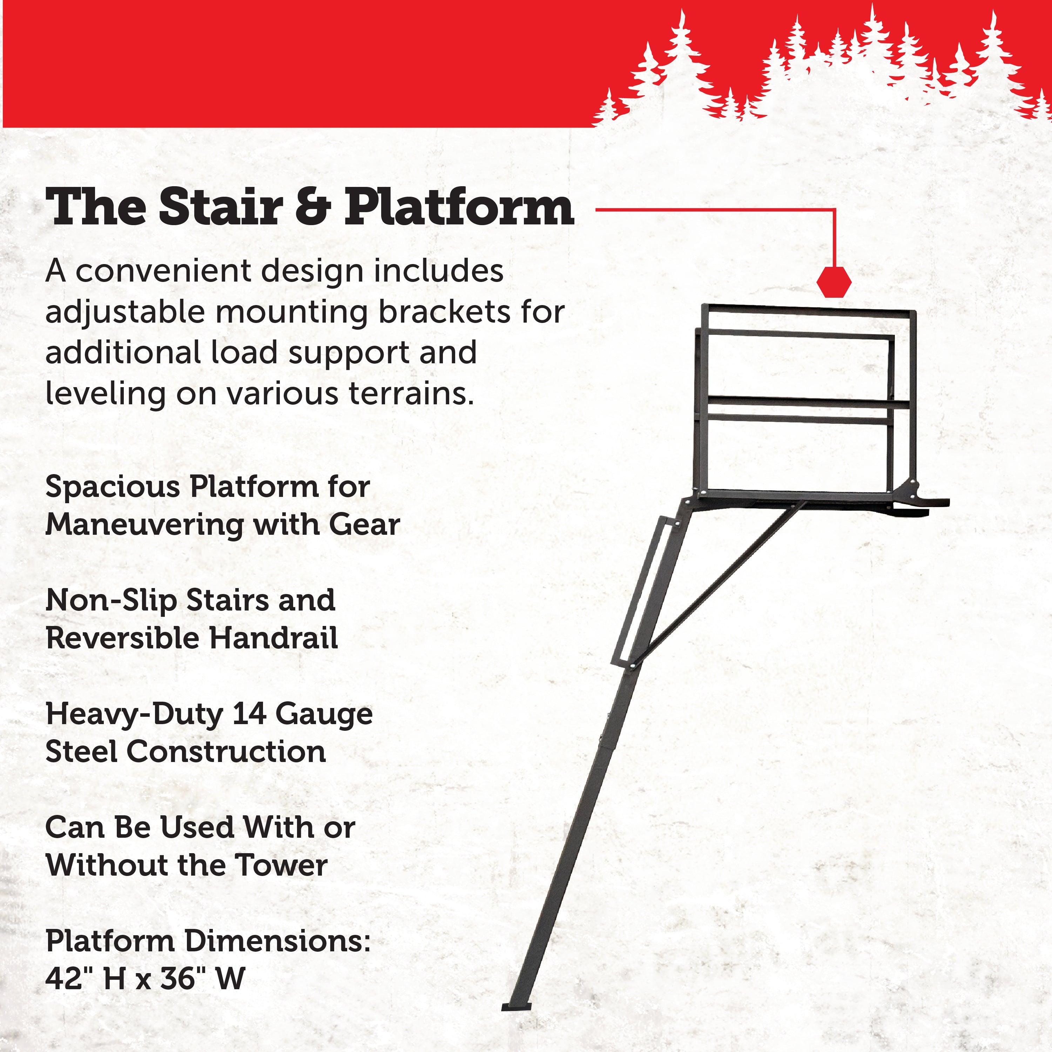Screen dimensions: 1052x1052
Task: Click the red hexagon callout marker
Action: tap(834, 282)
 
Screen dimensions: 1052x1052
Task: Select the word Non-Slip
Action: tap(112, 601)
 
